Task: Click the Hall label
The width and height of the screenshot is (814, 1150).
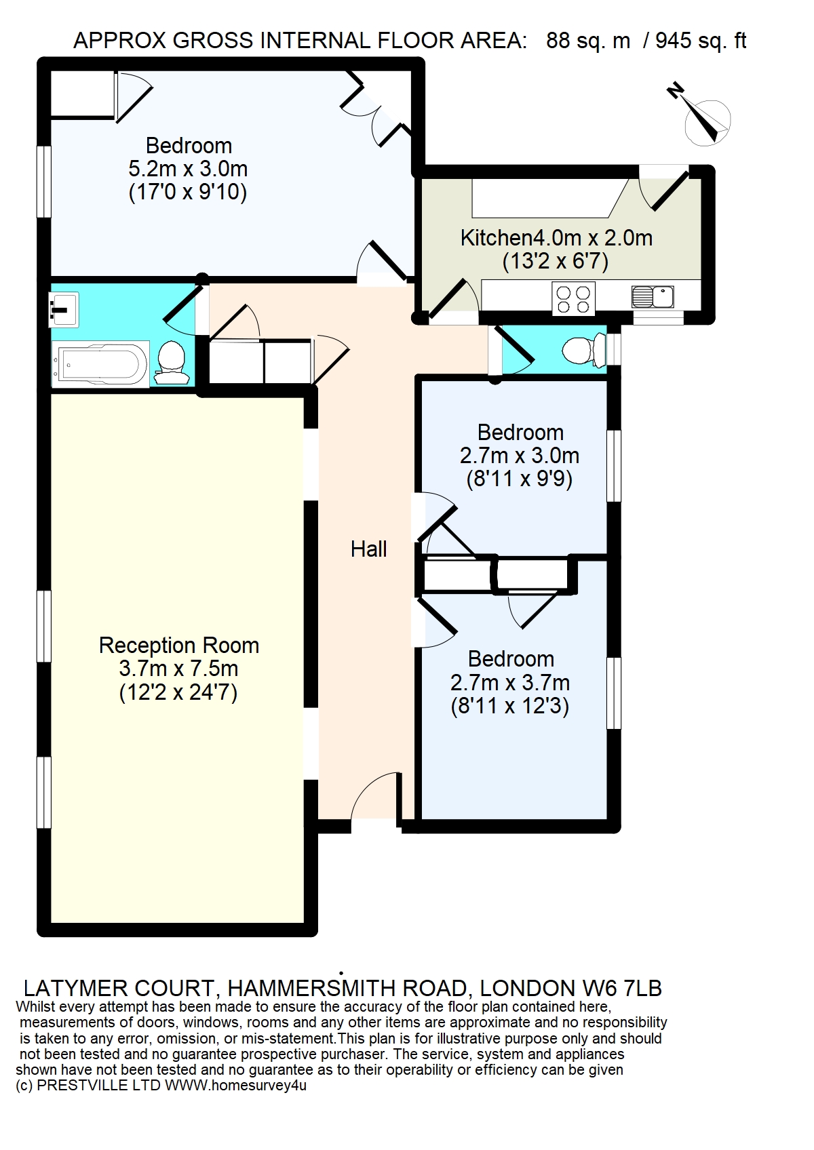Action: click(x=368, y=549)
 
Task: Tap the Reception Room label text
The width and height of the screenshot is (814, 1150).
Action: click(x=178, y=646)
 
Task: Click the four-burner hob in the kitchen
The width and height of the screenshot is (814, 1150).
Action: click(x=573, y=299)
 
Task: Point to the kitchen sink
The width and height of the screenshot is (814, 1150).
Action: click(x=653, y=296)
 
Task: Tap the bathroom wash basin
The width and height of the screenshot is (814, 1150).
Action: click(x=64, y=309)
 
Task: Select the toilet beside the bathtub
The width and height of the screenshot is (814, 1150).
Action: click(x=170, y=363)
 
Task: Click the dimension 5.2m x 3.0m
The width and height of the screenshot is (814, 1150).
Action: click(x=188, y=169)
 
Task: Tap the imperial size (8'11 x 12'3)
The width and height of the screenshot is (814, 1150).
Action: click(x=510, y=707)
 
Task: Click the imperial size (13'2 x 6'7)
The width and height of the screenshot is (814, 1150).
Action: click(x=556, y=262)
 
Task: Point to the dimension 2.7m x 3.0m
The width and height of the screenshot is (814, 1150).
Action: click(x=519, y=456)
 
